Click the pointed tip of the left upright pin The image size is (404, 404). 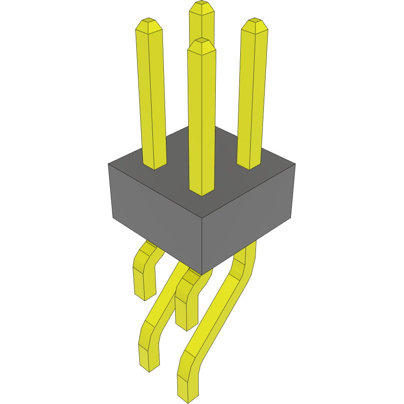coord(148,21)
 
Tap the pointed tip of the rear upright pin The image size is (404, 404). coord(201,3)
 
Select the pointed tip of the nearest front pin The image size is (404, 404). coord(201,40)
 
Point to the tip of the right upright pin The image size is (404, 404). coord(255,21)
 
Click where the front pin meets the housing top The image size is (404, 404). coord(202,192)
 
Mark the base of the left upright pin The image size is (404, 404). coord(155,166)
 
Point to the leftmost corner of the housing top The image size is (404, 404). coord(108,164)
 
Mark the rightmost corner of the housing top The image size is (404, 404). coord(295,164)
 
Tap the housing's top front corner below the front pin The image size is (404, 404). coord(202,218)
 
